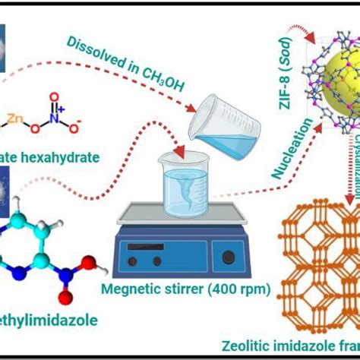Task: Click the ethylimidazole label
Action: tap(52, 321)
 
